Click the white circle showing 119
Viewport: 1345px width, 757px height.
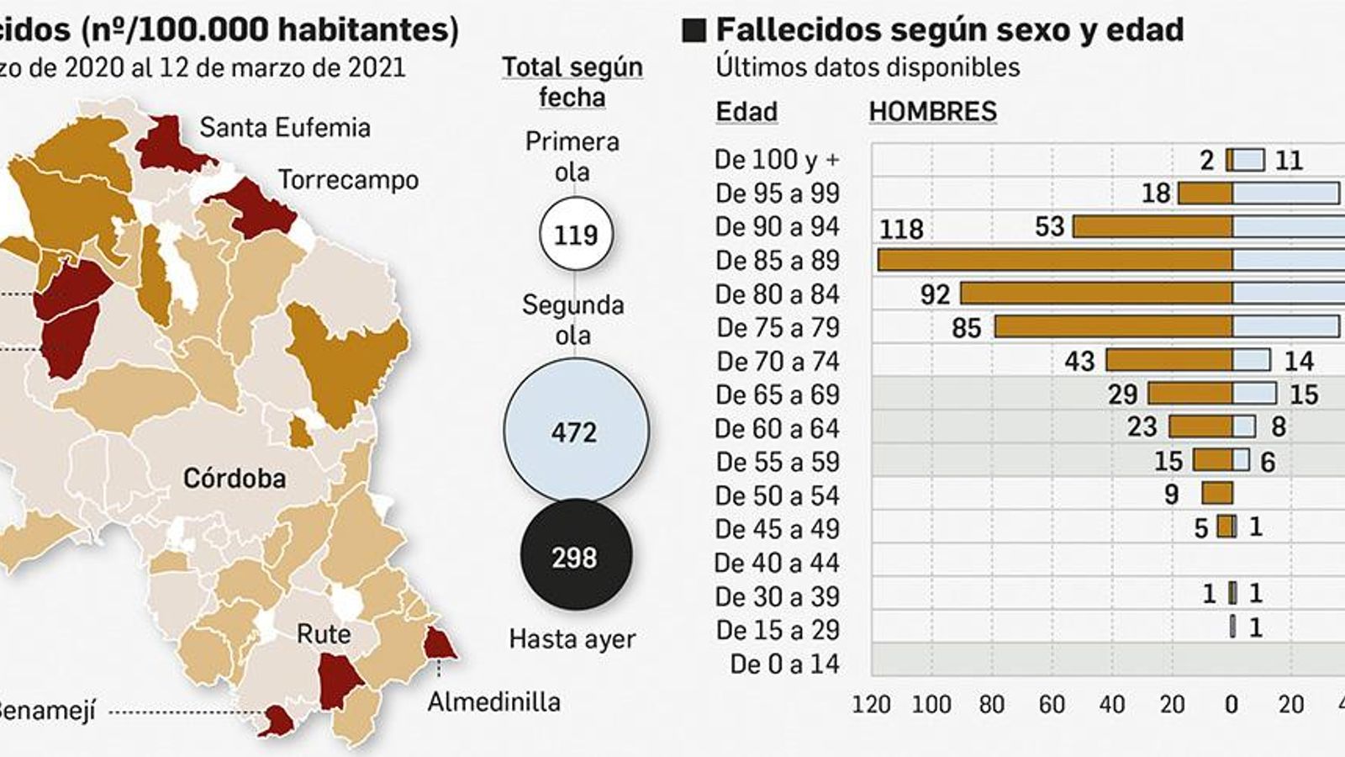pyautogui.click(x=576, y=234)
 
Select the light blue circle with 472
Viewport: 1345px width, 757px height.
pyautogui.click(x=576, y=431)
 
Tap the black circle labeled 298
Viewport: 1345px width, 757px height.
pyautogui.click(x=576, y=557)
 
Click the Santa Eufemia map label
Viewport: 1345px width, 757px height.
pyautogui.click(x=285, y=128)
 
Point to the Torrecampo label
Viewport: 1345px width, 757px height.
pyautogui.click(x=348, y=180)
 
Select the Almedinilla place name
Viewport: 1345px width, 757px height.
pyautogui.click(x=493, y=701)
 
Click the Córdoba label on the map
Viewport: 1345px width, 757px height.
pyautogui.click(x=235, y=479)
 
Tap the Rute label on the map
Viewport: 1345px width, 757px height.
pyautogui.click(x=324, y=633)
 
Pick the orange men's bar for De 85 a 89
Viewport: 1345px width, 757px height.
pyautogui.click(x=1055, y=260)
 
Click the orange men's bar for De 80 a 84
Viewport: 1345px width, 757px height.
pyautogui.click(x=1096, y=293)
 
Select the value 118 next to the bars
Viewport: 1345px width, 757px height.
pyautogui.click(x=901, y=229)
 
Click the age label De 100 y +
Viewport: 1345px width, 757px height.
pyautogui.click(x=778, y=159)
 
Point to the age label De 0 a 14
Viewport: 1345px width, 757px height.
pyautogui.click(x=784, y=664)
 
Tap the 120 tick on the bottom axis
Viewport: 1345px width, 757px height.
pyautogui.click(x=871, y=705)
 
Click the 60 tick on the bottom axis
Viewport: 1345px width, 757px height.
pyautogui.click(x=1052, y=705)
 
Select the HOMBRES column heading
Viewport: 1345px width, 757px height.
pyautogui.click(x=932, y=112)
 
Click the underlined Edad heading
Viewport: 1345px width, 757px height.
pyautogui.click(x=746, y=112)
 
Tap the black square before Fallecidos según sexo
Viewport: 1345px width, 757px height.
pyautogui.click(x=694, y=31)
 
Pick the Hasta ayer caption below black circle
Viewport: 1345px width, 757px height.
pyautogui.click(x=572, y=639)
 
